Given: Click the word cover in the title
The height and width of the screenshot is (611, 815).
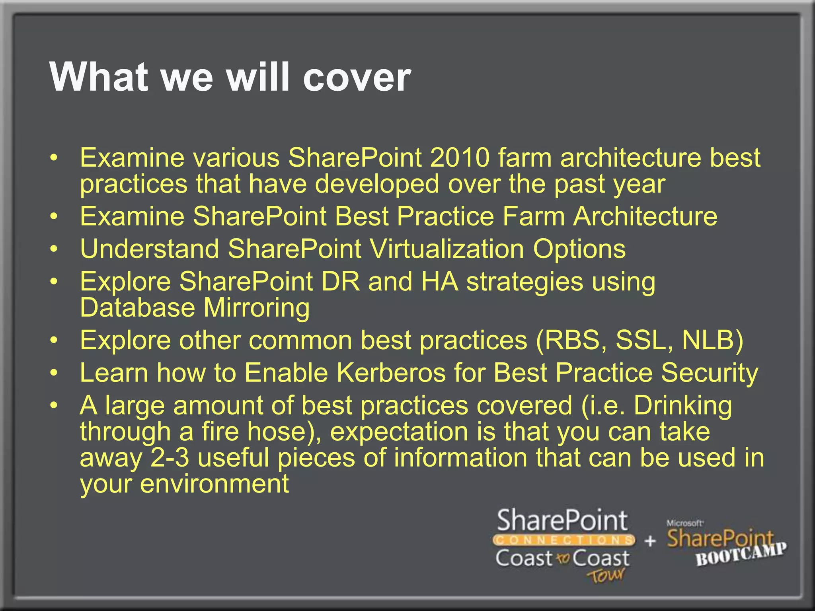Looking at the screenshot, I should [357, 77].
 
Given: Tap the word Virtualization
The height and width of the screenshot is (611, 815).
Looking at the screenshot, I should [446, 249].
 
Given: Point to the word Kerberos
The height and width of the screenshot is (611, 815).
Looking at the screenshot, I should [391, 373].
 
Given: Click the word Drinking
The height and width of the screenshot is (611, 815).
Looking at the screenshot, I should [682, 406].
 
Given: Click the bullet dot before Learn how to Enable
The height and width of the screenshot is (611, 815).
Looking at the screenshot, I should [54, 374].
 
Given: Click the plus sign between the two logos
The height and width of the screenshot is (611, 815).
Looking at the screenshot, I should [650, 541].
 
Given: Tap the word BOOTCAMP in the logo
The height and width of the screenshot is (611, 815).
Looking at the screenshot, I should [741, 555].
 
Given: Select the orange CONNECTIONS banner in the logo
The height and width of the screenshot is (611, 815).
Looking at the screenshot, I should [563, 540].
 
